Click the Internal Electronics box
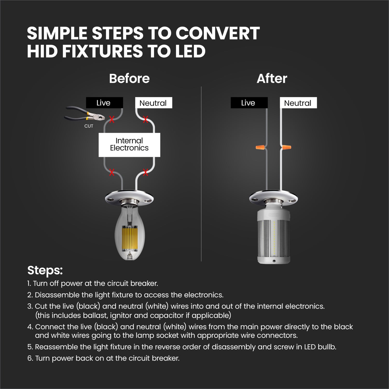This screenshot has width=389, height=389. tap(129, 145)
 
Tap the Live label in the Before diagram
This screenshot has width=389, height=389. tap(104, 103)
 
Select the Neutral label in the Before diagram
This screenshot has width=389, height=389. tap(154, 103)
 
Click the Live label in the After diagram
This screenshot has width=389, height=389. tap(249, 103)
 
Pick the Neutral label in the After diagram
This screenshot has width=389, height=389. tap(298, 103)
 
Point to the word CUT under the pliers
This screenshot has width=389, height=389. tap(89, 126)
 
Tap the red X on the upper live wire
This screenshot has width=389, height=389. tap(112, 120)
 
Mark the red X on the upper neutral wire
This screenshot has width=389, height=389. tap(145, 120)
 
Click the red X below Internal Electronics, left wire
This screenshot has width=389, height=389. tap(112, 172)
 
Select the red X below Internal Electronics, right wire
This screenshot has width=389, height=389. tap(145, 172)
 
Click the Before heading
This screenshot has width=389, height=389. tap(129, 78)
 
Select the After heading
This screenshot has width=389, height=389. tap(272, 78)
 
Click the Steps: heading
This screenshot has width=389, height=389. tap(45, 270)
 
